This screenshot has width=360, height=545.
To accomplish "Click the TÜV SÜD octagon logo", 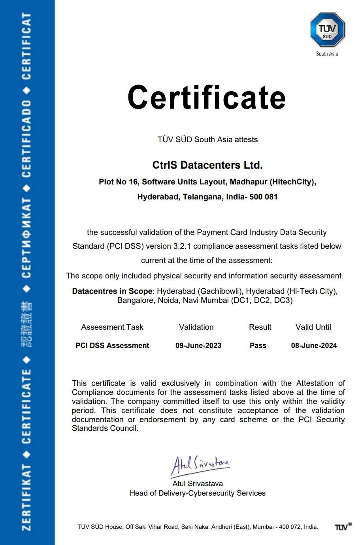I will coord(327,30).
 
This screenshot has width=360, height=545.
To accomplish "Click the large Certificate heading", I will coord(207,98).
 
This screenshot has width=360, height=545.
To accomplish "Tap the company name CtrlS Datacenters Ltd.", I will coord(207,165).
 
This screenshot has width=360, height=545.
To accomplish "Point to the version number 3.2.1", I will coord(182,246).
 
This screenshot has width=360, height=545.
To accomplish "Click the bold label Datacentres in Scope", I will coord(112,291).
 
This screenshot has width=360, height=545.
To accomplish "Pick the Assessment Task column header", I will coord(112,327).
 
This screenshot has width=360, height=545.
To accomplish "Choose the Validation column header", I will coord(196,327).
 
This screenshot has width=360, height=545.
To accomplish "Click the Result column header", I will coord(260,327).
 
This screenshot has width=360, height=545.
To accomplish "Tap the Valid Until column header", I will coord(313,327).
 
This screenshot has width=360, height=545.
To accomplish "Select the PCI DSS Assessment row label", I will coord(112,346).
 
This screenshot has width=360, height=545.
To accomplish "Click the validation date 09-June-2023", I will coord(198,346).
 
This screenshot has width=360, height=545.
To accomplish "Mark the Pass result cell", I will coord(258,346).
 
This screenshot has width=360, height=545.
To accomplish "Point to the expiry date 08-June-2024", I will coord(314,346).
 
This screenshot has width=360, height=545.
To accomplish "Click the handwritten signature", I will coord(200,465).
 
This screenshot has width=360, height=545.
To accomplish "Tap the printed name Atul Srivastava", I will coord(198,483).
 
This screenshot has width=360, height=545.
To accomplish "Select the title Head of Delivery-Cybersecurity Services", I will coord(198,493).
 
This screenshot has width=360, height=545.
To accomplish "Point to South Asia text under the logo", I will coord(327,54).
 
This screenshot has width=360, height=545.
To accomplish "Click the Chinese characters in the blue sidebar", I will coord(26,324).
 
